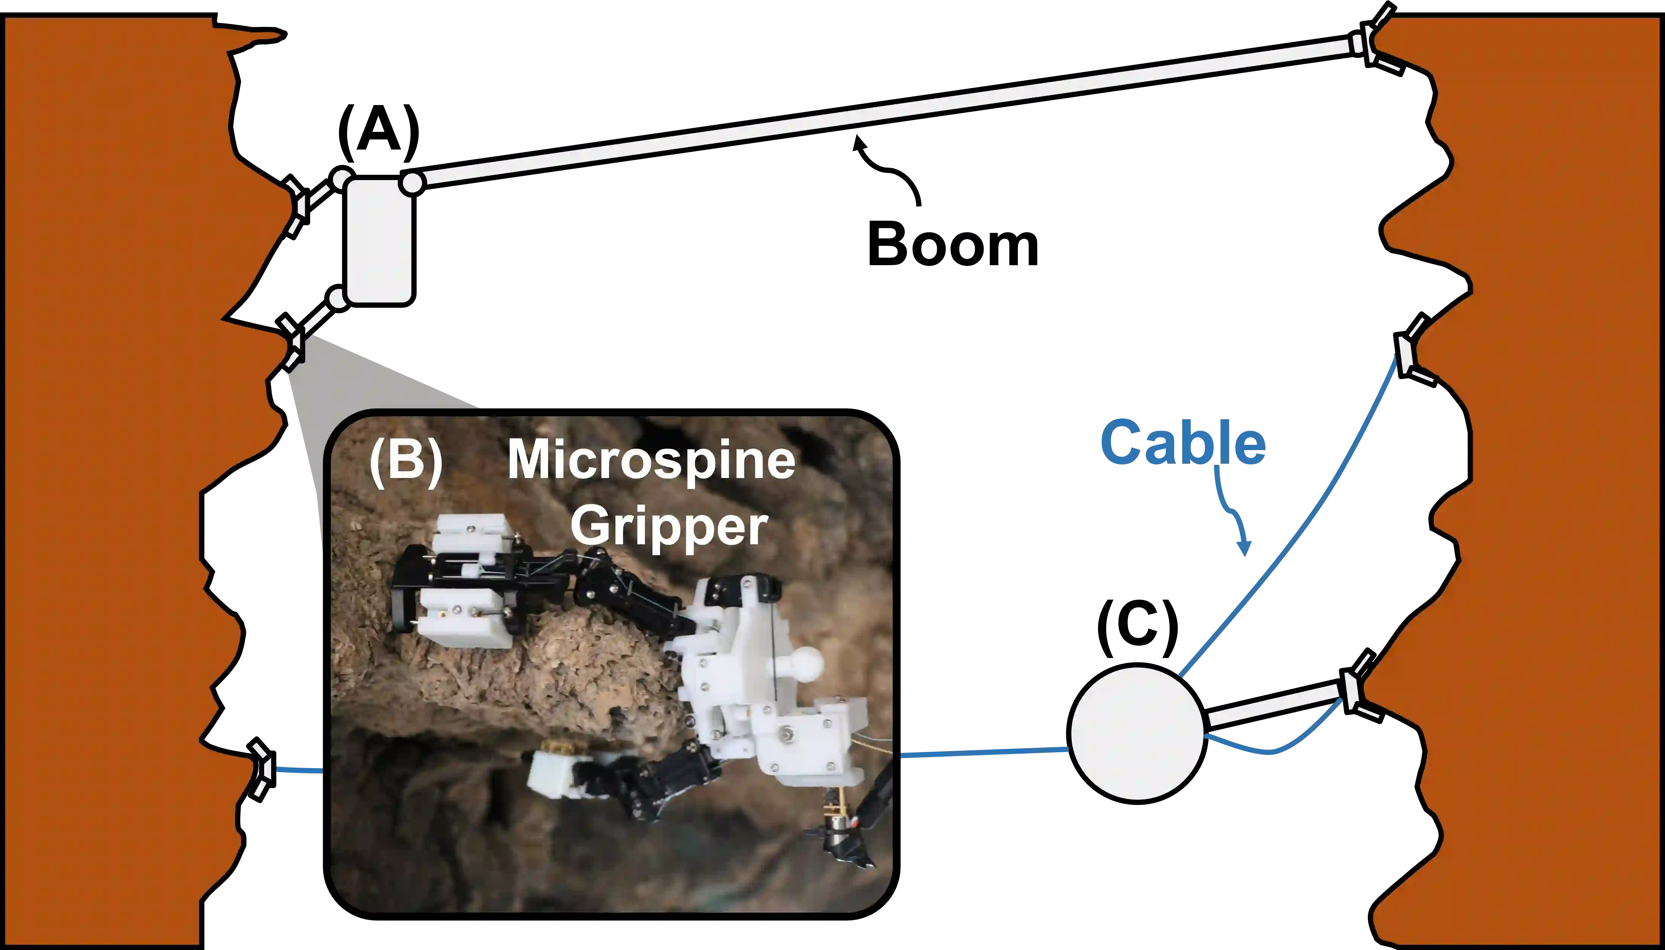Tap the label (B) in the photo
[x=405, y=461]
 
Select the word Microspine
[x=651, y=460]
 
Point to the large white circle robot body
[x=1137, y=733]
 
